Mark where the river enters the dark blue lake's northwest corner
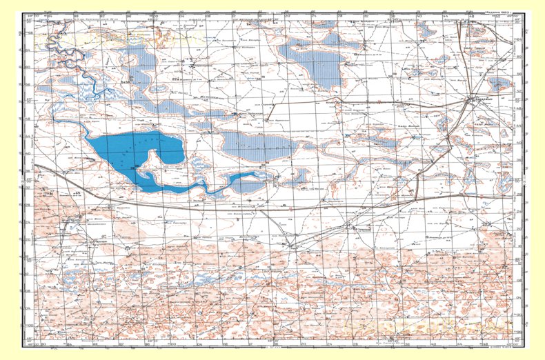[x=88, y=137]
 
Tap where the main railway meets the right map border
[x=517, y=196]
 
